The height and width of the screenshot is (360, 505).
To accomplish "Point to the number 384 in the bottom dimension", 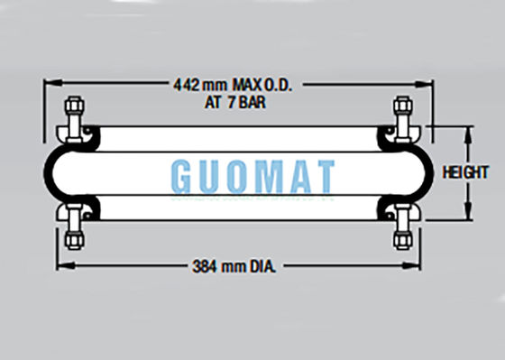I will [205, 266].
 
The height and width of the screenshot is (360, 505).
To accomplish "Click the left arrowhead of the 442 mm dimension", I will [49, 85].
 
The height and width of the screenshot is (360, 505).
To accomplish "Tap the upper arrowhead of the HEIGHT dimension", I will [468, 131].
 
